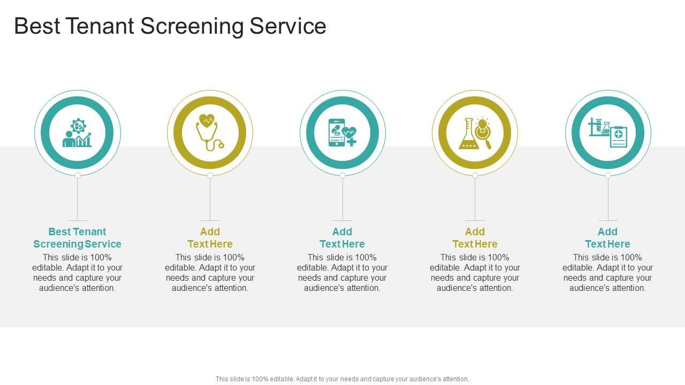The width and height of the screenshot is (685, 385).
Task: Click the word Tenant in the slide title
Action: point(100,26)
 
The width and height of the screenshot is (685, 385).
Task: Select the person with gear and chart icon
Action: point(78,133)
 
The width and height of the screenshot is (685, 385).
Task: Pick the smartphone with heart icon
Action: point(342,133)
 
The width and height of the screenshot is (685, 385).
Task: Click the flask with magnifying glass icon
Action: point(475,133)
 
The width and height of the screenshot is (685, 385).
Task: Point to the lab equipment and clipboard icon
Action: point(608,133)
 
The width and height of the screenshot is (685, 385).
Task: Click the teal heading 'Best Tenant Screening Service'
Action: point(78,238)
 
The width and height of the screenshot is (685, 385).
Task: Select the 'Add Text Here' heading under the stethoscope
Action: point(210,238)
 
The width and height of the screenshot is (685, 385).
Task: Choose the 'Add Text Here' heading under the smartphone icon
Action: point(342,238)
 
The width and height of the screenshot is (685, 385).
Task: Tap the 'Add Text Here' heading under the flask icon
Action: point(475,238)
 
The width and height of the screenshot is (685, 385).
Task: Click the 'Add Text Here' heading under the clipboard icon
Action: point(607,238)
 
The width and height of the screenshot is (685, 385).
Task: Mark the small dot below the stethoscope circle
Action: point(210,175)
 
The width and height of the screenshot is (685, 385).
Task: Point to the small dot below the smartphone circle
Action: point(342,175)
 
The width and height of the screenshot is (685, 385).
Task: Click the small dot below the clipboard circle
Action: point(608,175)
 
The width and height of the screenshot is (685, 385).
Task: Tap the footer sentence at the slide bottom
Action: point(342,379)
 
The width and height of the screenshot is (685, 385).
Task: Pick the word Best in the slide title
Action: point(36,26)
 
